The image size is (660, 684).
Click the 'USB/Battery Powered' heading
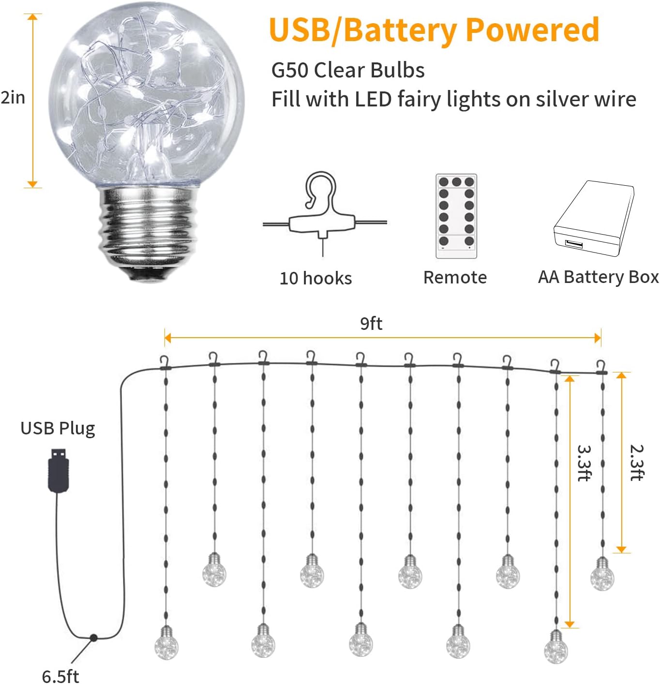(434, 30)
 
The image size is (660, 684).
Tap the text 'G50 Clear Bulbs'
(348, 70)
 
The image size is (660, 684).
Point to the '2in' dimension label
(13, 98)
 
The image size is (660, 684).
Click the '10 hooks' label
(315, 278)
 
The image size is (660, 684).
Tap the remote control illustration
(456, 216)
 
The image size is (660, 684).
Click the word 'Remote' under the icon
(455, 277)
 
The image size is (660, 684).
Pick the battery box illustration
(594, 218)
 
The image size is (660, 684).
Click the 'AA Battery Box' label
(598, 277)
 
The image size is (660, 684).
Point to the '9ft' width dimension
(371, 323)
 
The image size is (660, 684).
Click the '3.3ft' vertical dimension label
(584, 462)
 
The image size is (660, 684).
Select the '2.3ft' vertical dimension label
(636, 462)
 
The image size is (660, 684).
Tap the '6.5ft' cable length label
(60, 676)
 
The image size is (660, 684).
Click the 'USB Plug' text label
(58, 428)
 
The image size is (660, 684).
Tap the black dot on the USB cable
(93, 638)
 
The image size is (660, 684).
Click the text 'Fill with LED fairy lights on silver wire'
(453, 99)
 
